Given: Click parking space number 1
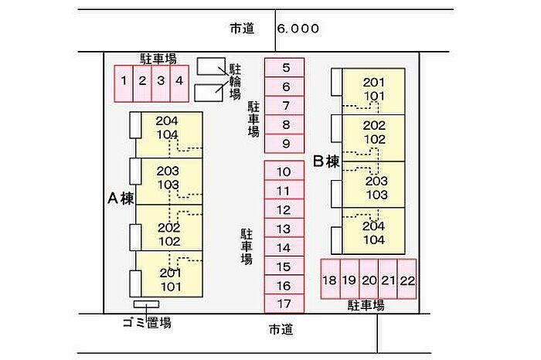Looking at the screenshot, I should click(x=124, y=80).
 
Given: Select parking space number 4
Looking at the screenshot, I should click(x=179, y=80).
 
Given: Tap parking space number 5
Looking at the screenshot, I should click(x=285, y=68).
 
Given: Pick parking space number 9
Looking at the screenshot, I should click(x=285, y=143).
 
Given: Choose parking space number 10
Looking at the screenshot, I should click(x=284, y=172).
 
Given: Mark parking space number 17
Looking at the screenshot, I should click(x=284, y=304).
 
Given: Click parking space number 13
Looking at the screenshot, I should click(x=284, y=229).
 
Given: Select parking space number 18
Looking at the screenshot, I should click(x=330, y=280).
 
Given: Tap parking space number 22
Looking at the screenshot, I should click(x=407, y=280).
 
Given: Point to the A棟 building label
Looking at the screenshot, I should click(x=121, y=199).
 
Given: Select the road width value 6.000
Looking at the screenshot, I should click(x=298, y=29).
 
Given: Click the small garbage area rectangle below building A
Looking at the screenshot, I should click(x=146, y=304).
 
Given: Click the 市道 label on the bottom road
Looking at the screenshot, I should click(x=281, y=330).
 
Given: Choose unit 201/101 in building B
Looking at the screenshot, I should click(x=374, y=90).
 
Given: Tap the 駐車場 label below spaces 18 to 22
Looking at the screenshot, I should click(x=366, y=305).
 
